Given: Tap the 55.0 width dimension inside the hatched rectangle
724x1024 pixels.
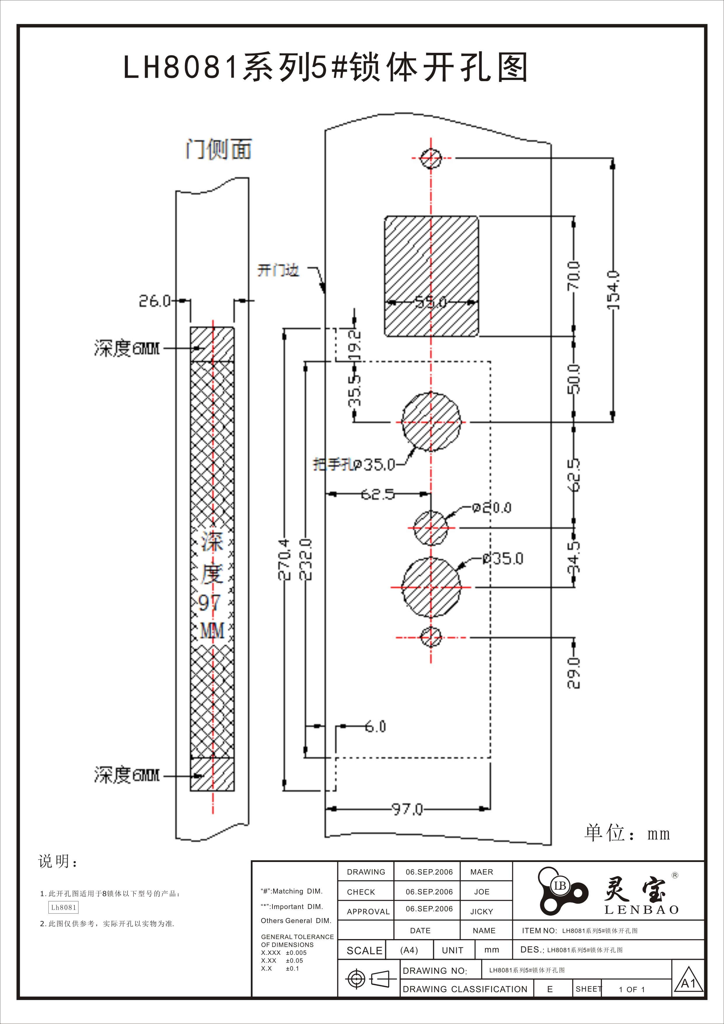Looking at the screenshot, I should (x=431, y=303).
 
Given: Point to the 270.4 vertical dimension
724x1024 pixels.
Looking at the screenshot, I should (x=285, y=559).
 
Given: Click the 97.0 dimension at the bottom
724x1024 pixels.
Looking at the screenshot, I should (x=407, y=809).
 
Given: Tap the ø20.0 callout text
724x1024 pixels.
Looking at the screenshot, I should (x=492, y=508).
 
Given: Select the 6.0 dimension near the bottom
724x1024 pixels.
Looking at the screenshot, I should (x=375, y=727).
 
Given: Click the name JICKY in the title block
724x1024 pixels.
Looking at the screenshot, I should (x=481, y=912).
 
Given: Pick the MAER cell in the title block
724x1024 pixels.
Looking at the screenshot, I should (x=481, y=872).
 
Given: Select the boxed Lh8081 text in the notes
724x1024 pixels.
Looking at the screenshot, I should (x=63, y=907).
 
